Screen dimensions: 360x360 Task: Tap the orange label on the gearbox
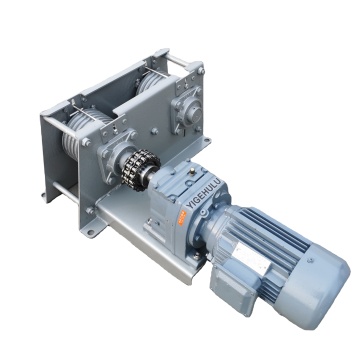pos(182,218)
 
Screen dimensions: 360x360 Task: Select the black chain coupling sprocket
pos(140,170)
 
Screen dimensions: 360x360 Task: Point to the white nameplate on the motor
pos(251,258)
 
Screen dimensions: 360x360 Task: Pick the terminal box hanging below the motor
pos(233,290)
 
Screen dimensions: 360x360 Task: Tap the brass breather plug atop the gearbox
pos(192,172)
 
